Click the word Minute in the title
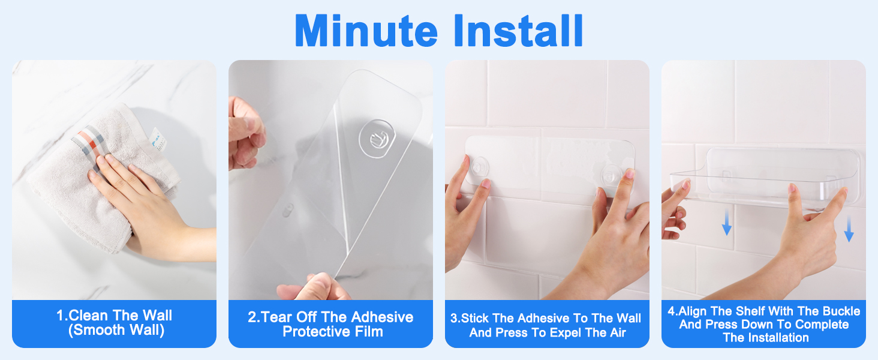click(366, 31)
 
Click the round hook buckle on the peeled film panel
click(376, 137)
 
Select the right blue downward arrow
click(849, 230)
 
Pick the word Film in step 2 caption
click(368, 332)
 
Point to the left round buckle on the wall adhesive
click(479, 166)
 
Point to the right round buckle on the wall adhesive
click(610, 173)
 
